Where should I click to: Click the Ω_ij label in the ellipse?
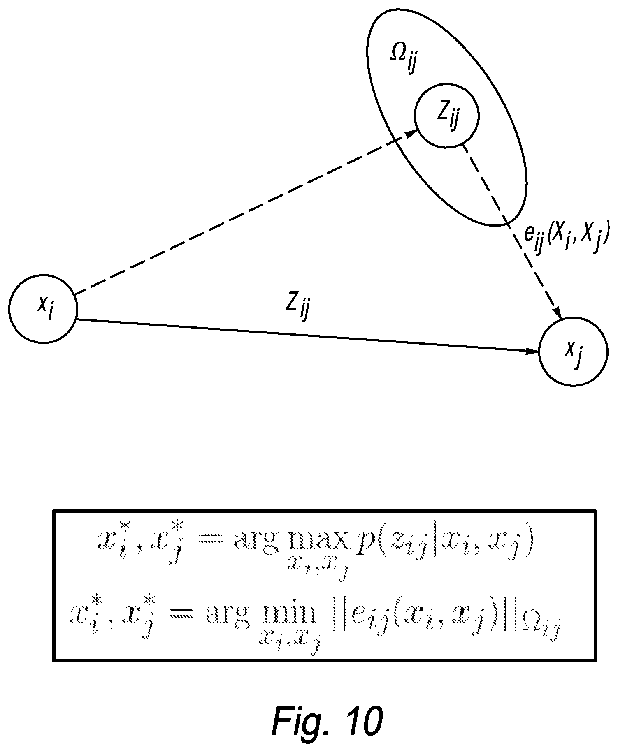(403, 60)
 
